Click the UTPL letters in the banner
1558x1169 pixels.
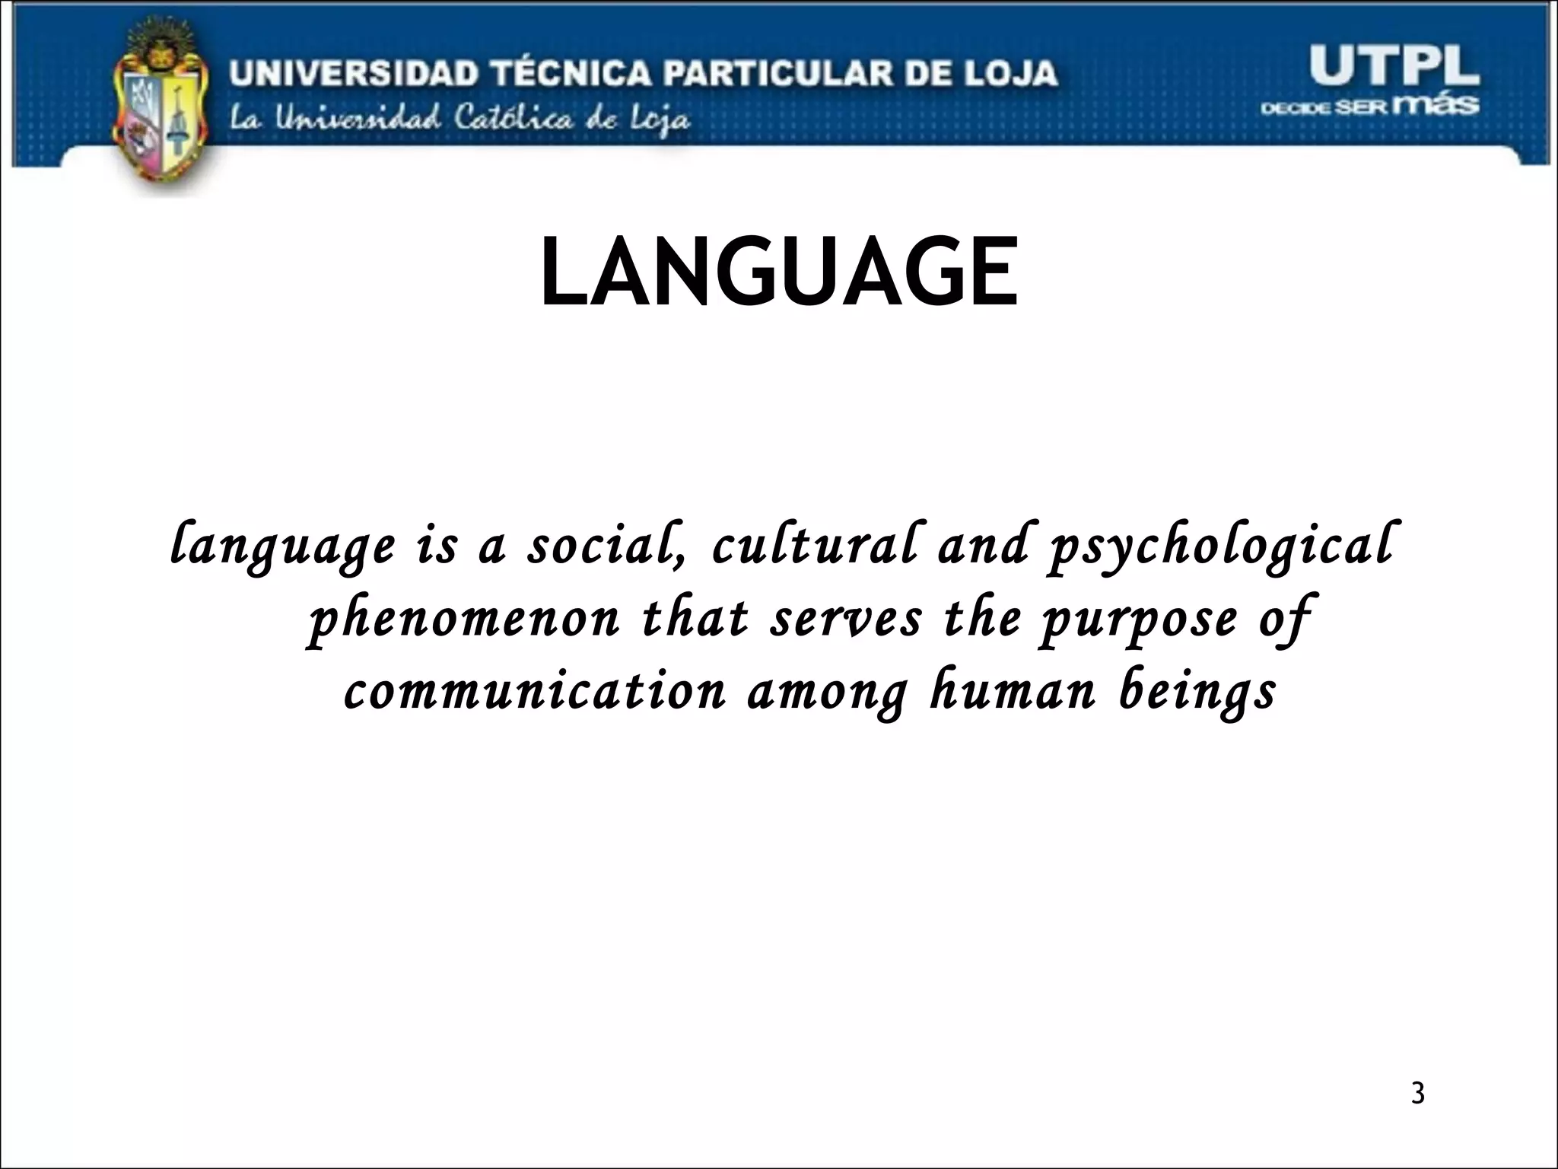[x=1394, y=66]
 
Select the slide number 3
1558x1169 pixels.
[x=1417, y=1094]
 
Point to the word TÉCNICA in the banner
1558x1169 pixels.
[x=571, y=74]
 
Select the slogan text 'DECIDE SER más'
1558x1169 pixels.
[x=1369, y=105]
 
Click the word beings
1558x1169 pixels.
[x=1197, y=693]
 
